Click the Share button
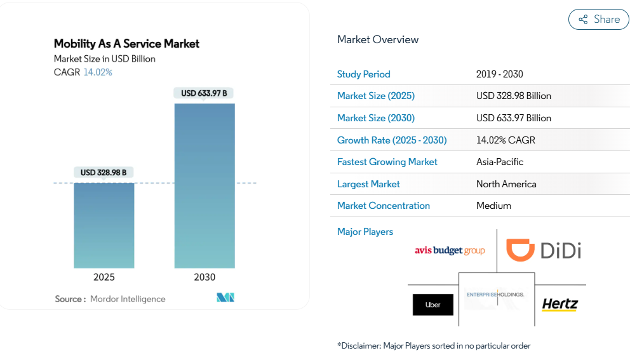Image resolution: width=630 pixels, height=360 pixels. [598, 20]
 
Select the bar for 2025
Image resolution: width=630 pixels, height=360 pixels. [104, 225]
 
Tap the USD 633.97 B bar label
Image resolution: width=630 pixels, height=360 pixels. [204, 93]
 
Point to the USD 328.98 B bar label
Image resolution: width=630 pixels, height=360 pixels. [104, 173]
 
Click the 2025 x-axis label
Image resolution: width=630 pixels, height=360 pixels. [104, 277]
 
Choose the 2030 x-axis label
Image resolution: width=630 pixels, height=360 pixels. [204, 277]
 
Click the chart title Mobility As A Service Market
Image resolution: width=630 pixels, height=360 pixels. [126, 44]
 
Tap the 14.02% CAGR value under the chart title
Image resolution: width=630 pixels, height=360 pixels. [98, 72]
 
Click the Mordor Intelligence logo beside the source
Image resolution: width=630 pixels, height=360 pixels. [225, 298]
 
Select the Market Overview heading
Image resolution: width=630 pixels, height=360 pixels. [378, 39]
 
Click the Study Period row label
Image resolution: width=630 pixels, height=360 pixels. [364, 74]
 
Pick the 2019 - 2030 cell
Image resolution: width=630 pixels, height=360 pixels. [500, 74]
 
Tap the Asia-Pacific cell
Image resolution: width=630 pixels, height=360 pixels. [500, 162]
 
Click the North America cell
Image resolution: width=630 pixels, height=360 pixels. [506, 184]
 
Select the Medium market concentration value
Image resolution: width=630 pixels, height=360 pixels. [493, 206]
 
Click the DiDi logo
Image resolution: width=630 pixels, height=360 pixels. [544, 250]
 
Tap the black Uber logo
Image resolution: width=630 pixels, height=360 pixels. [433, 305]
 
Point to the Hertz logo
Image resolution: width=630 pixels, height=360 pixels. [560, 305]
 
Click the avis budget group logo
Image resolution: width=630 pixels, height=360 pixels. [450, 251]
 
